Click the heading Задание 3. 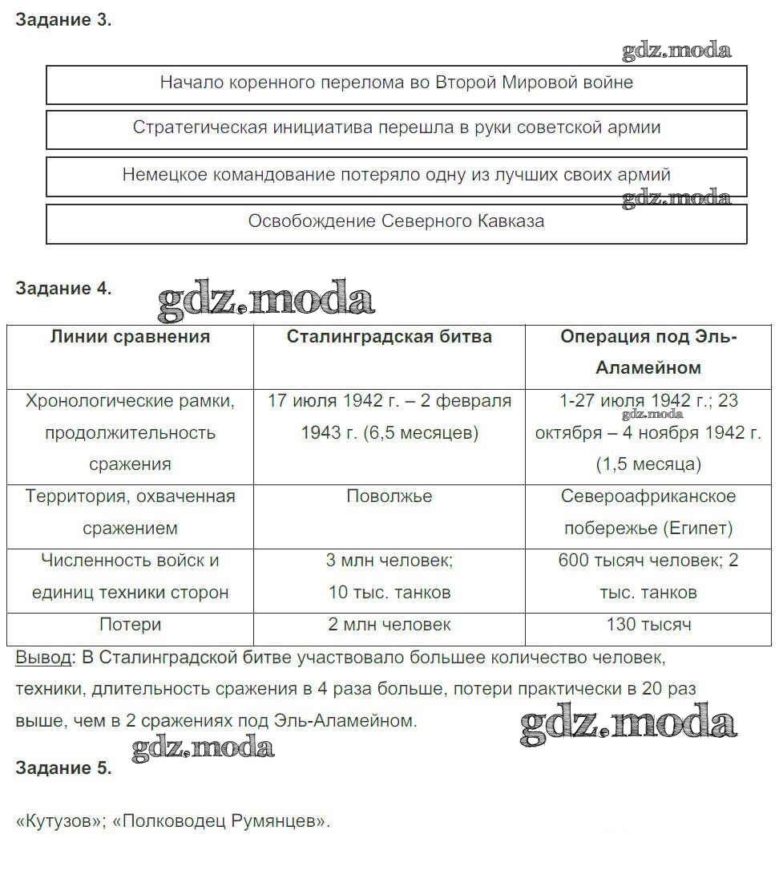[x=63, y=21]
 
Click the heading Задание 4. [x=63, y=289]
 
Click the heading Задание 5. [x=63, y=768]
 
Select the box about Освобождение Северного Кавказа [x=396, y=222]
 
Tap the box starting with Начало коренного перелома [x=396, y=83]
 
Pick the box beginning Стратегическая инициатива [x=396, y=128]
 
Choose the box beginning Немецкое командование [x=396, y=175]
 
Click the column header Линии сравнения [x=130, y=337]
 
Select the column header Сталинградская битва [x=389, y=337]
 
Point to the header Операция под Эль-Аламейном [x=648, y=352]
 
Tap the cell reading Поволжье [x=389, y=496]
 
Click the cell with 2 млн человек [x=389, y=625]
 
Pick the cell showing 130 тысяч [x=648, y=625]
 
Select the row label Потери [x=130, y=625]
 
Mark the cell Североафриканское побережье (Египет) [x=648, y=512]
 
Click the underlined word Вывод [x=43, y=658]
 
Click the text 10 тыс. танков [x=389, y=593]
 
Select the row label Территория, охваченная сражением [x=130, y=512]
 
